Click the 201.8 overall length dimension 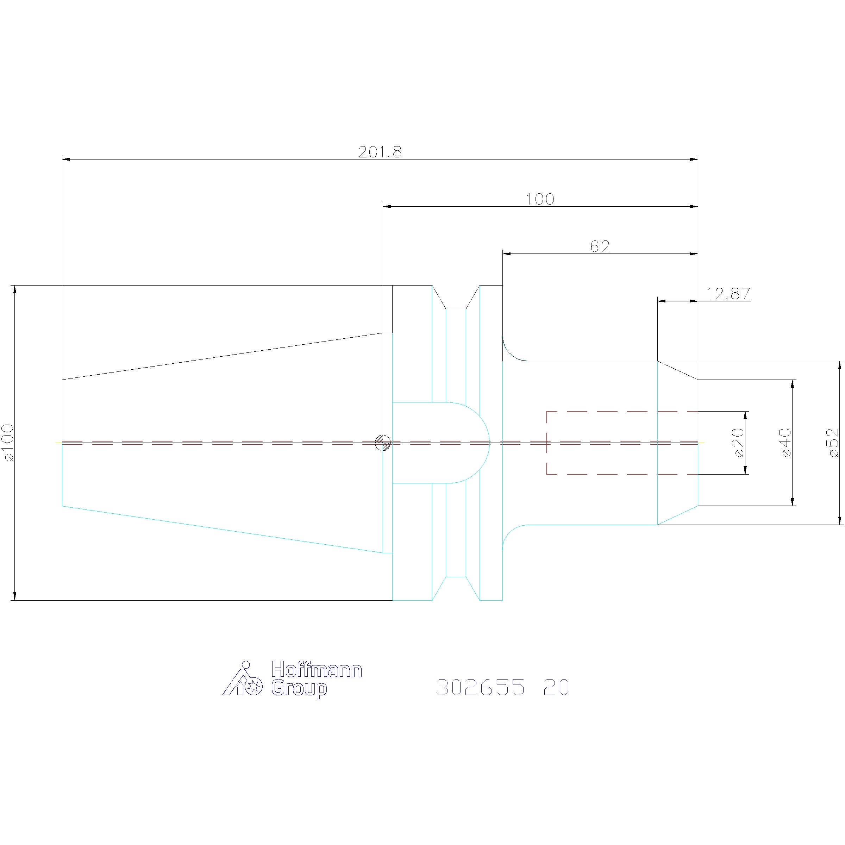click(x=380, y=152)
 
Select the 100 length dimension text click(x=540, y=199)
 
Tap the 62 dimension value click(x=600, y=247)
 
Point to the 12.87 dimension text click(x=728, y=294)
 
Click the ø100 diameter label click(x=8, y=442)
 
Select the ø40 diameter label click(x=785, y=443)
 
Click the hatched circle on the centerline click(x=383, y=443)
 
